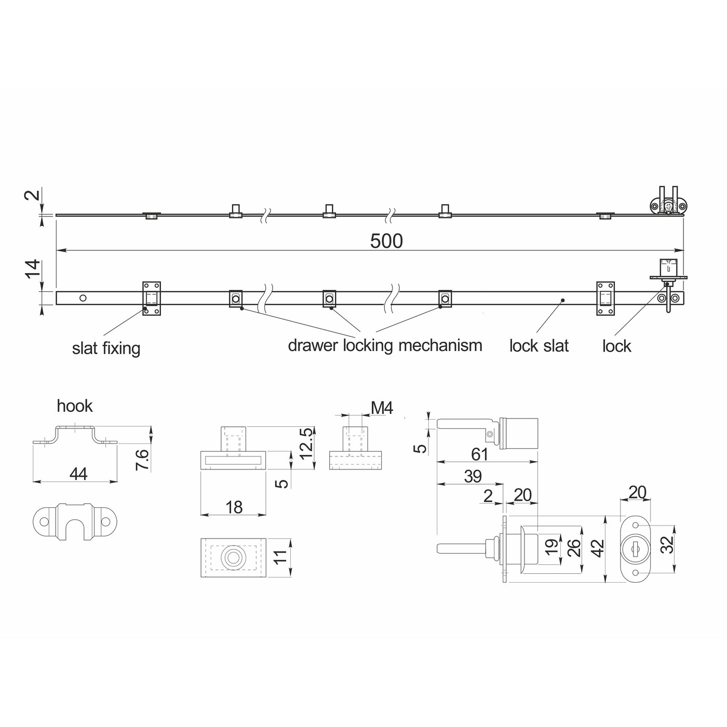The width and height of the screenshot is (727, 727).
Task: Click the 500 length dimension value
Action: point(386,241)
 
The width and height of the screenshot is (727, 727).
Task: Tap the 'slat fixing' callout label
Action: point(106,348)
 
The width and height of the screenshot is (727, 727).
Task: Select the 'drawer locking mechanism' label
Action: point(385,345)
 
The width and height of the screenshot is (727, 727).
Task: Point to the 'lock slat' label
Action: point(538,346)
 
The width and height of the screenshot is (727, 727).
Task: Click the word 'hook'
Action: point(75,406)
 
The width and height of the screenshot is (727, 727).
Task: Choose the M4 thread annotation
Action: point(382,408)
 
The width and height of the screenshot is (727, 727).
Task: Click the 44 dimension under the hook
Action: point(78,474)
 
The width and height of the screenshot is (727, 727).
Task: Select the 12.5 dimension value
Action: point(307,443)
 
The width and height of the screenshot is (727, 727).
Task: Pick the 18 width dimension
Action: point(234,507)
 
